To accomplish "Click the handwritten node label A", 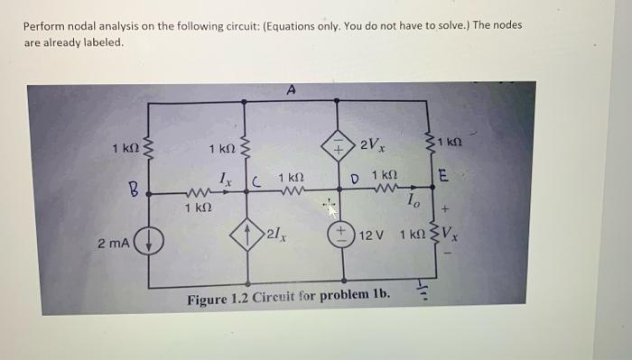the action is [x=291, y=89].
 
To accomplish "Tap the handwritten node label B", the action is [x=134, y=189].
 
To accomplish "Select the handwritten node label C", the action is [x=256, y=182].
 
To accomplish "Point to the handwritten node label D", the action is [x=354, y=179].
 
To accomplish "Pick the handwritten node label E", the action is [x=442, y=176].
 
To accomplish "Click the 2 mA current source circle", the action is [x=149, y=241].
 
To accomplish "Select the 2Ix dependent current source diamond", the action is [x=247, y=235].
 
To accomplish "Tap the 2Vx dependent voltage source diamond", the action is [x=338, y=145].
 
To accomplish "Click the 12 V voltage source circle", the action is [x=341, y=235].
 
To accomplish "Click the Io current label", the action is [x=414, y=200].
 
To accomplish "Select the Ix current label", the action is [x=226, y=180].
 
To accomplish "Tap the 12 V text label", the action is [x=371, y=235].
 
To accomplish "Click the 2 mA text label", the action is [x=114, y=244].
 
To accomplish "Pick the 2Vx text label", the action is [x=372, y=144].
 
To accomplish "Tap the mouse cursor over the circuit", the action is [x=330, y=208].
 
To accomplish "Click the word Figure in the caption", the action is [x=207, y=300].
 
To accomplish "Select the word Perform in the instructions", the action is [x=44, y=26].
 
